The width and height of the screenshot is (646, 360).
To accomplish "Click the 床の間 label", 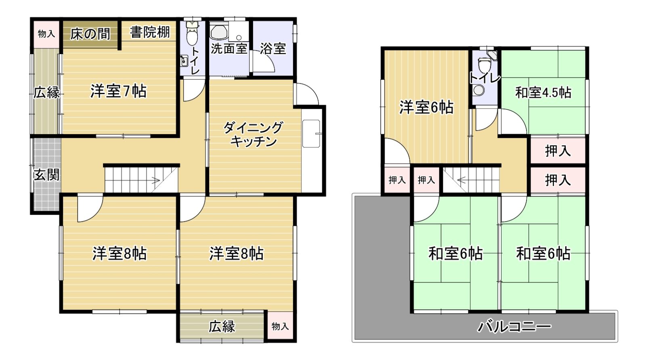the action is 90,34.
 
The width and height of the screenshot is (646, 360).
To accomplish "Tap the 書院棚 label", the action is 150,32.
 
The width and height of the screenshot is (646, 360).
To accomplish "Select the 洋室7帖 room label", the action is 118,91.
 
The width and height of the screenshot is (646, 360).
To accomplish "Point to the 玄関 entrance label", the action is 46,175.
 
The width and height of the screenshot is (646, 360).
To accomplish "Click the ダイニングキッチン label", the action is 253,135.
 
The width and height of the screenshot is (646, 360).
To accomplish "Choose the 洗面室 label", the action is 229,48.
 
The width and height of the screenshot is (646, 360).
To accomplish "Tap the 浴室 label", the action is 273,48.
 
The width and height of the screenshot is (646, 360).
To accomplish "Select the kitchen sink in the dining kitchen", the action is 311,134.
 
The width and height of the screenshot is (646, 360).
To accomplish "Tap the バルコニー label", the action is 514,326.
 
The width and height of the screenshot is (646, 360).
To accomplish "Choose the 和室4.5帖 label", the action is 543,93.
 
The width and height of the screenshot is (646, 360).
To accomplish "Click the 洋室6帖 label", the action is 426,107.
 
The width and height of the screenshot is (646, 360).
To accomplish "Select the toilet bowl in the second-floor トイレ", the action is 482,66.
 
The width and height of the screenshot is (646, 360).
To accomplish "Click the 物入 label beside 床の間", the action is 46,34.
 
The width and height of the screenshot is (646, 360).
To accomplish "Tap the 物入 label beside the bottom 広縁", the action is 280,326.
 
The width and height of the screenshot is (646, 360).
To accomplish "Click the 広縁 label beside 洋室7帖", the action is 46,93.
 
